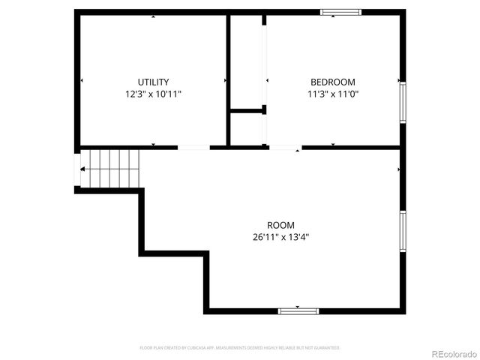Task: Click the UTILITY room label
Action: [x=153, y=82]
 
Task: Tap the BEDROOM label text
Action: [x=333, y=82]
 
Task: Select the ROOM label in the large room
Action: [x=280, y=225]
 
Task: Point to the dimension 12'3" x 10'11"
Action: [x=153, y=94]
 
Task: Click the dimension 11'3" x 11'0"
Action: [x=333, y=94]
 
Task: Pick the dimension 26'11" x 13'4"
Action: [x=280, y=237]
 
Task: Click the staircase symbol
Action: [x=110, y=168]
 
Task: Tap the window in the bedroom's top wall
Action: [x=341, y=12]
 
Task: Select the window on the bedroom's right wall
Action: [x=403, y=103]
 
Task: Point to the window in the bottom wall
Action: [x=298, y=310]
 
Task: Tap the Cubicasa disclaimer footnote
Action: [x=240, y=348]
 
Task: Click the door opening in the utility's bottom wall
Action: [x=193, y=148]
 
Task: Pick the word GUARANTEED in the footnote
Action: [x=327, y=348]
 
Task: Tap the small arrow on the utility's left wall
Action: [x=82, y=80]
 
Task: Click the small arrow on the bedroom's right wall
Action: [x=397, y=80]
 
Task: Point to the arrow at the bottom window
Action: [x=298, y=306]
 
